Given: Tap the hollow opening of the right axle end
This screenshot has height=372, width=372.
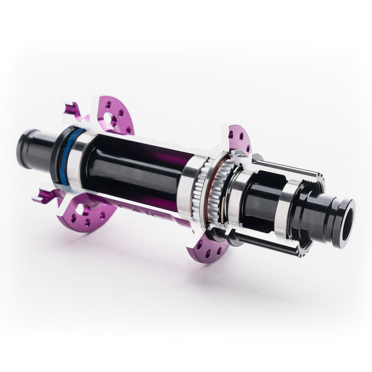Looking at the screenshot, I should click(346, 225).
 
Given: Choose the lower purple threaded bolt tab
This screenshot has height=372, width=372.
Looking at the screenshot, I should click(46, 195).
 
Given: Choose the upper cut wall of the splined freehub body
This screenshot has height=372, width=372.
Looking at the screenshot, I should click(285, 167).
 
